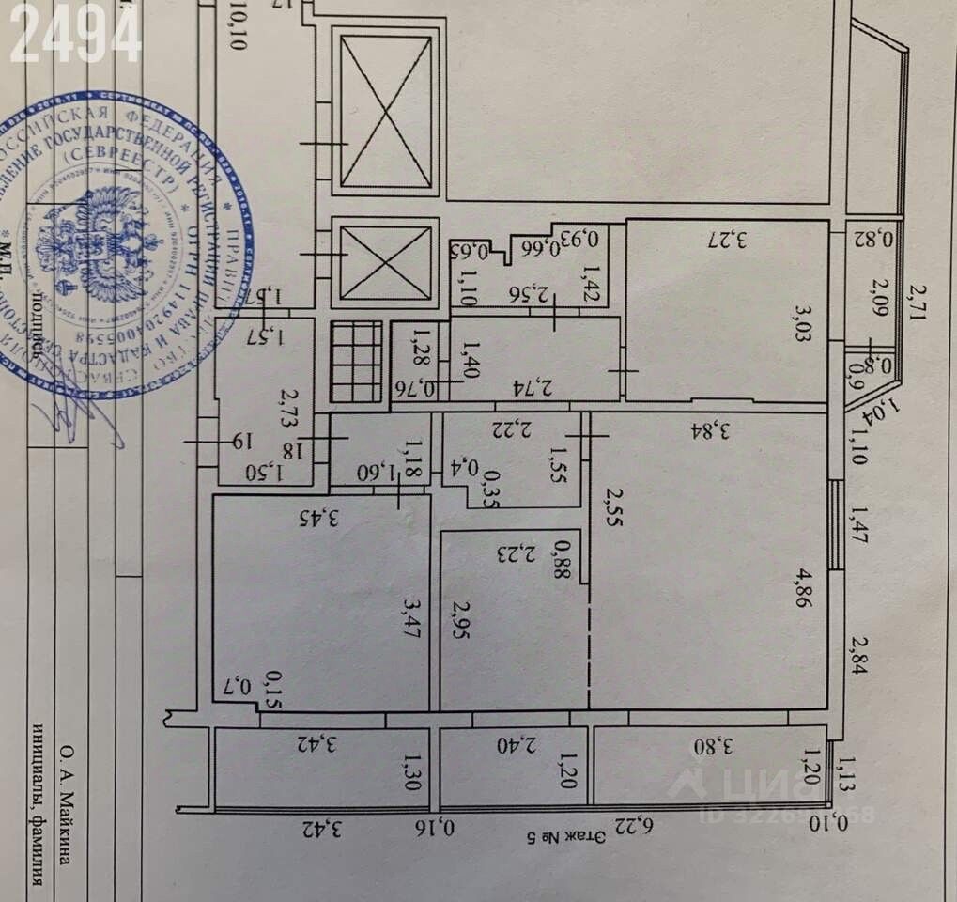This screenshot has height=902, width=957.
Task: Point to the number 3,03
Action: pos(801,322)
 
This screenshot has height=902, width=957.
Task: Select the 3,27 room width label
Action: pos(726,238)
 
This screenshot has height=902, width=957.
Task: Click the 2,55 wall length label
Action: pos(613,508)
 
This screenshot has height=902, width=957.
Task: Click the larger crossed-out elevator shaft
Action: pos(387,110)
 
